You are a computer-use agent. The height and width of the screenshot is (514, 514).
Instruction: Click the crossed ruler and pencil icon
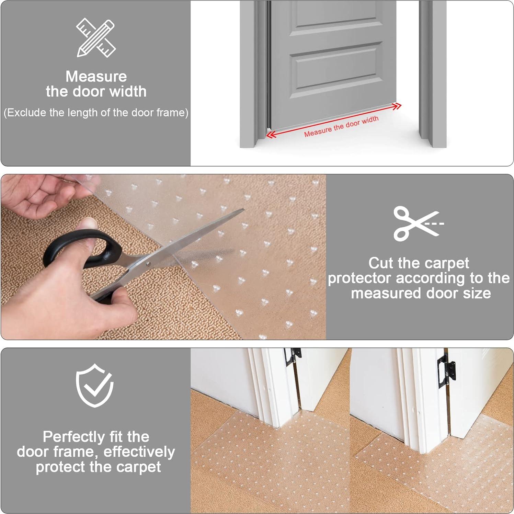point(95,38)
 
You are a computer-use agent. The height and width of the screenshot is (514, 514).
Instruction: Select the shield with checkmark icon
point(95,385)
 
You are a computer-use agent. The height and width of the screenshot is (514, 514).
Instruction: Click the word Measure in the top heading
point(96,76)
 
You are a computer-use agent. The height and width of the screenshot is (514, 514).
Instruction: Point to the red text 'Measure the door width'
point(341,126)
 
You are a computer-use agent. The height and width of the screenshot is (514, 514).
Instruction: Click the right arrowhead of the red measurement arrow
point(397,106)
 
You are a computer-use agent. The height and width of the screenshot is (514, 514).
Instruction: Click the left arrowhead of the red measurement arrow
point(271,135)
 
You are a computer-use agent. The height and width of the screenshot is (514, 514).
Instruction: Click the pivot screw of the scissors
point(148,264)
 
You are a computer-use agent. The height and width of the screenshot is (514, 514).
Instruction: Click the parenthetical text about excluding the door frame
point(96,113)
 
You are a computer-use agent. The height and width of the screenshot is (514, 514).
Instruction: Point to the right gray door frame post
point(433,74)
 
